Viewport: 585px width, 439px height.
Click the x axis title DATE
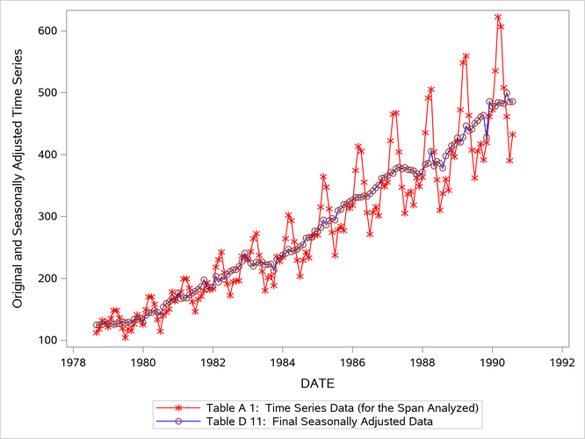(316, 384)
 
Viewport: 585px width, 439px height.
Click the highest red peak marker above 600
(498, 17)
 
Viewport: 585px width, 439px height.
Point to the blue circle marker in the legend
(178, 421)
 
